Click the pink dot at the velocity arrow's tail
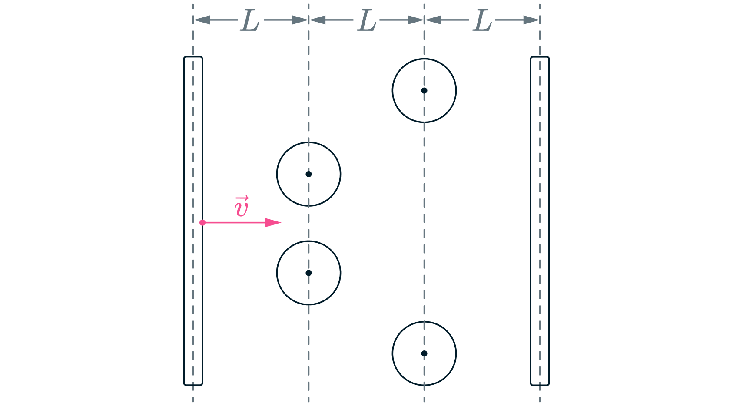click(202, 223)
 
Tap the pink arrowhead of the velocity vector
click(273, 223)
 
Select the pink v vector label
click(242, 207)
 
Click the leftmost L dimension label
click(250, 21)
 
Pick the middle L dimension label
click(366, 21)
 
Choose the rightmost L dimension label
click(482, 21)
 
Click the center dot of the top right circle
click(424, 91)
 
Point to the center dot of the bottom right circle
click(424, 353)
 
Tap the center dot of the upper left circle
click(308, 174)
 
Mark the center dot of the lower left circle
click(308, 273)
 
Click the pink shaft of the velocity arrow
click(235, 223)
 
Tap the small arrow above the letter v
click(242, 198)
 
